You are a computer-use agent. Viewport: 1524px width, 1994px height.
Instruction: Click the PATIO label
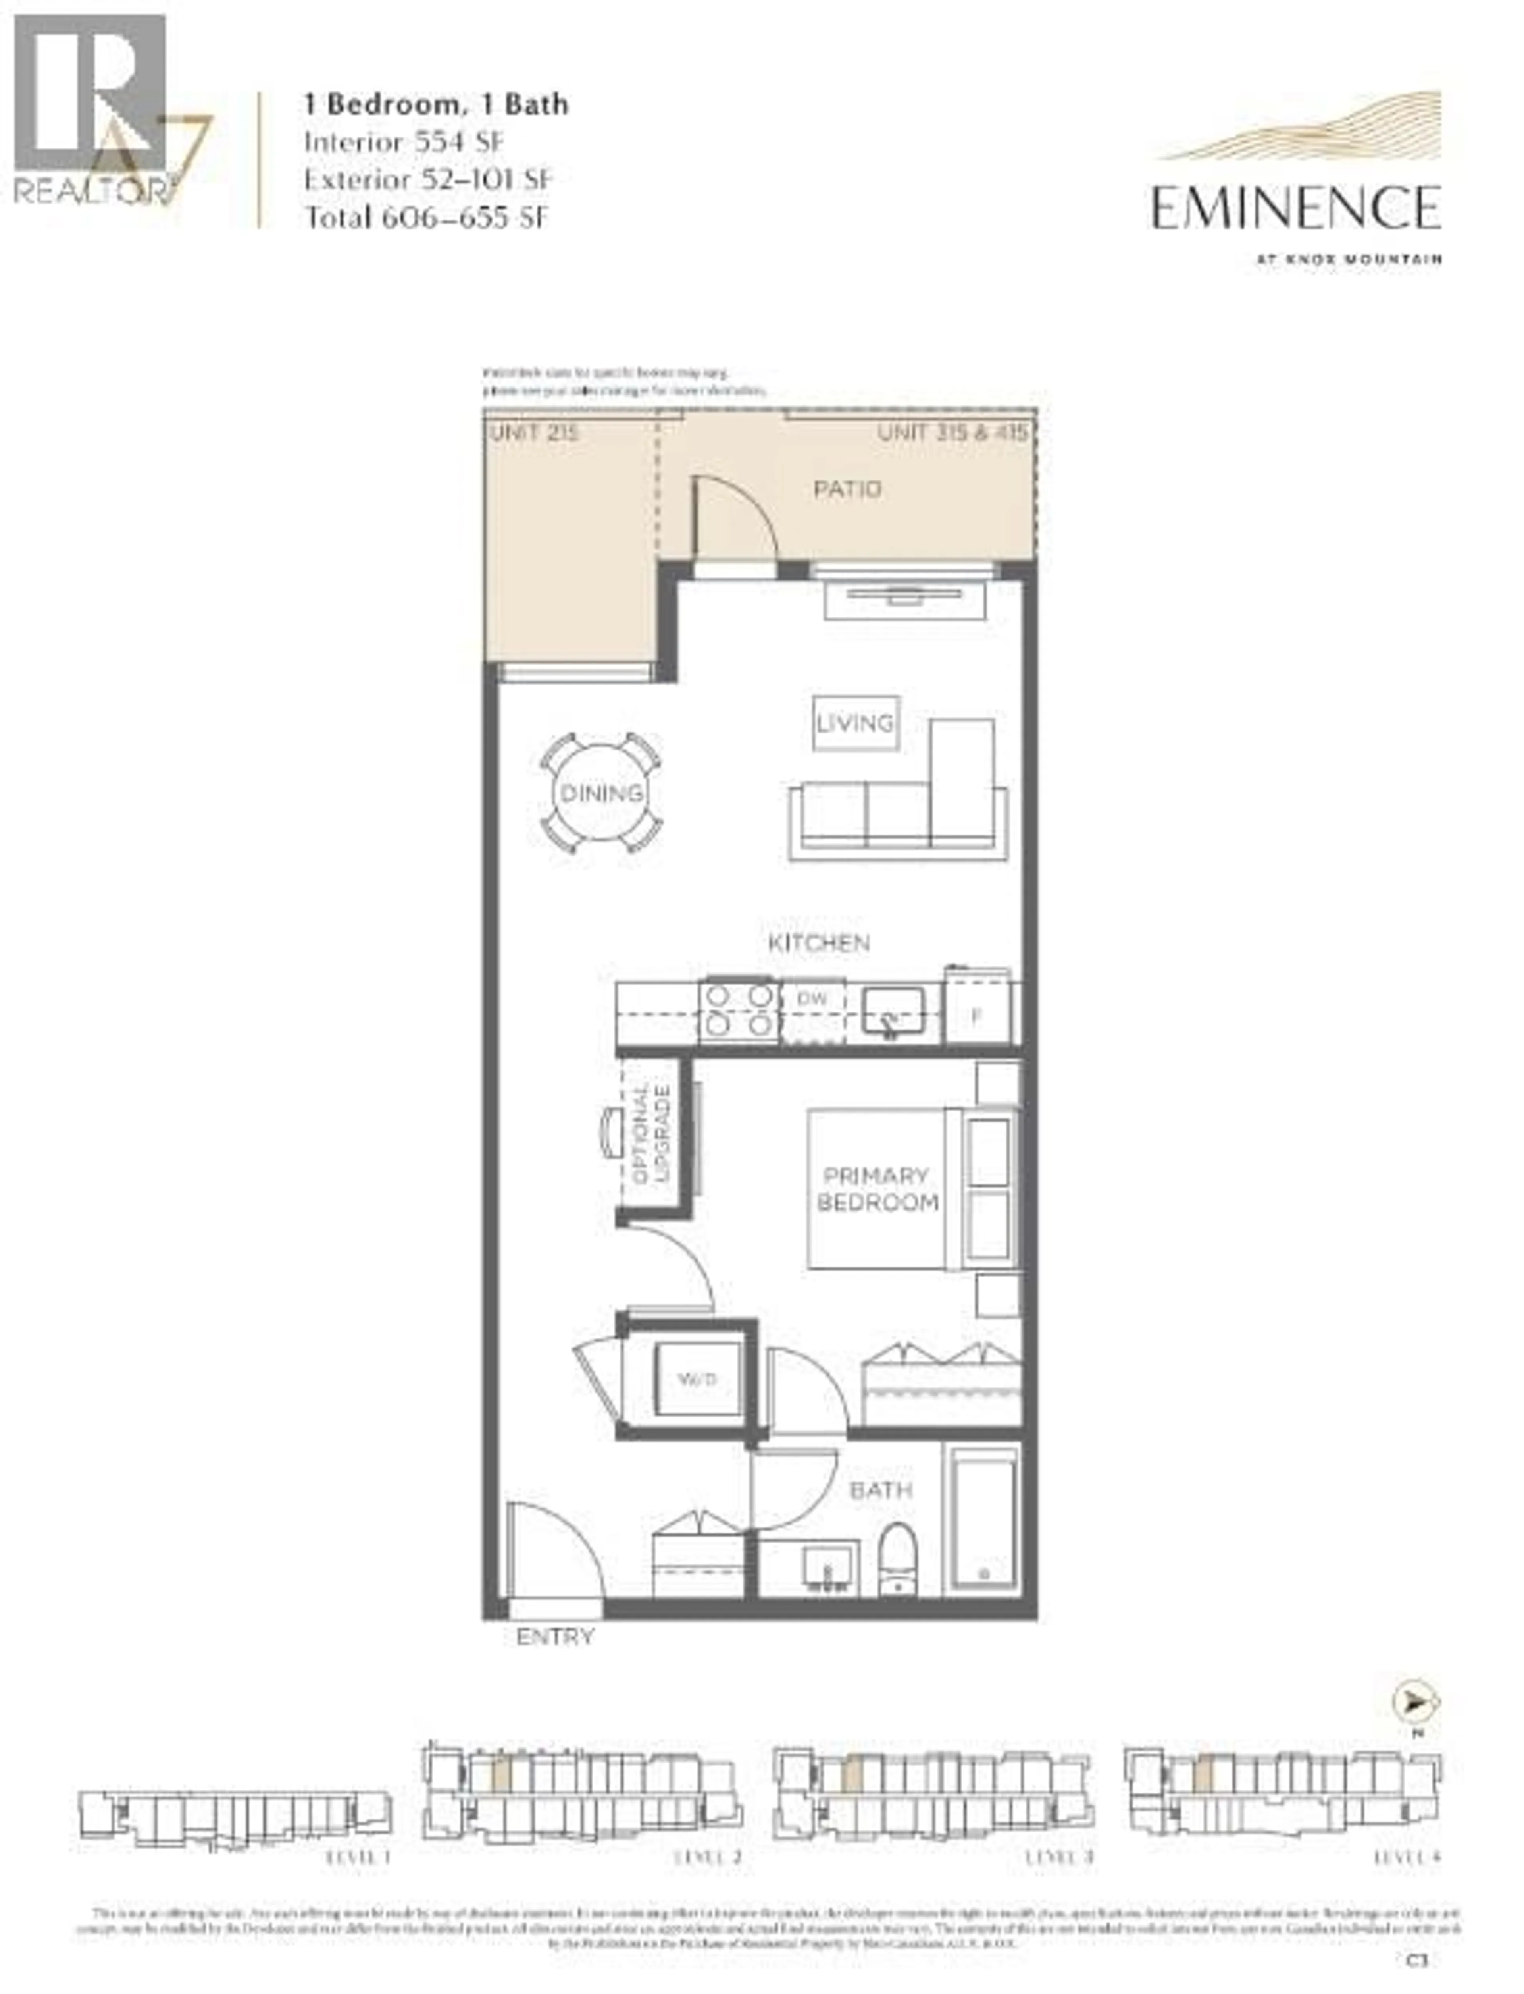coord(847,490)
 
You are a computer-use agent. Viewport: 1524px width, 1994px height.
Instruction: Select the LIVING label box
coord(854,723)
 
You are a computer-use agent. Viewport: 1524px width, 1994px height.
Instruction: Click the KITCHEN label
coord(818,943)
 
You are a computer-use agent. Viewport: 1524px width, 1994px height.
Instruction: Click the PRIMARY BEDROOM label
coord(876,1189)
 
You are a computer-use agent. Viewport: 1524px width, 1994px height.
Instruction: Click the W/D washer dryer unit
coord(697,1379)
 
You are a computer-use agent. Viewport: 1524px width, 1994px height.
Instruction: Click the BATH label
coord(880,1490)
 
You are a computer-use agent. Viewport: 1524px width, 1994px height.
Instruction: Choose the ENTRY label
coord(554,1636)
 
